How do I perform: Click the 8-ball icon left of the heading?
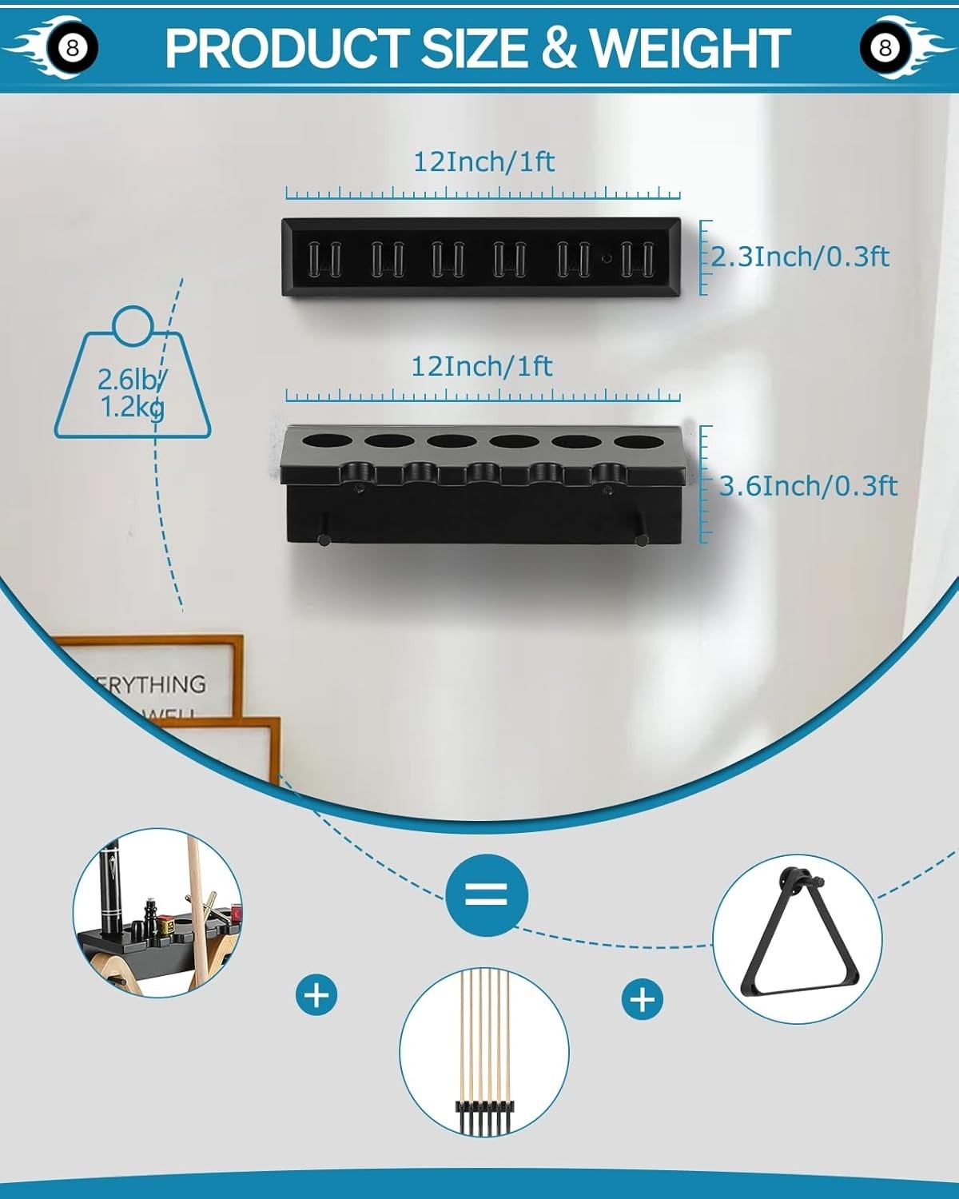73,48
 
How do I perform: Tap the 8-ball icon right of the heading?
885,48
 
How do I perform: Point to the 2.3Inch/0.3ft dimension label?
800,257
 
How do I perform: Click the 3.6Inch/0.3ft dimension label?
808,486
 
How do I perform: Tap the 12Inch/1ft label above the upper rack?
483,161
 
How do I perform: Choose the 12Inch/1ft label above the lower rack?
482,366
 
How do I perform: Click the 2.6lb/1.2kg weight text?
132,393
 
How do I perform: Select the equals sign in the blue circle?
487,893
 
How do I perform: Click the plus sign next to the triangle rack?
643,999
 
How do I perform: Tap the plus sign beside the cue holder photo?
316,995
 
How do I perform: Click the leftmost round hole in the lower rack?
324,440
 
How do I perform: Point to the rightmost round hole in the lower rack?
637,440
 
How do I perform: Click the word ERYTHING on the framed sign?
152,684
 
